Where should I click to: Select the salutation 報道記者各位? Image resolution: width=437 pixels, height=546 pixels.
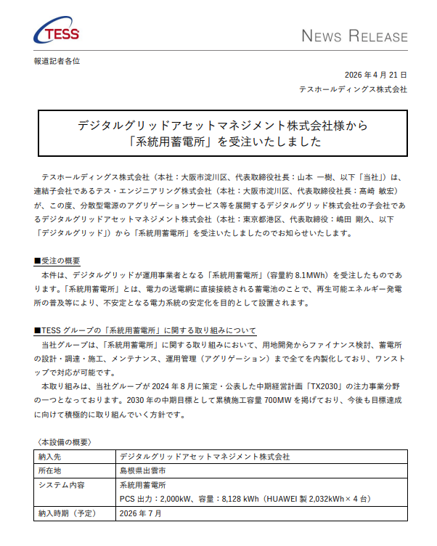coord(57,61)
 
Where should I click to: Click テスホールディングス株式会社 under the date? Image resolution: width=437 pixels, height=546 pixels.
coord(353,89)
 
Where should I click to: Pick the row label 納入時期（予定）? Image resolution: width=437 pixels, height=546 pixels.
coord(65,513)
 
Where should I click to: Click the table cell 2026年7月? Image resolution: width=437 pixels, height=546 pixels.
coord(141,513)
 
